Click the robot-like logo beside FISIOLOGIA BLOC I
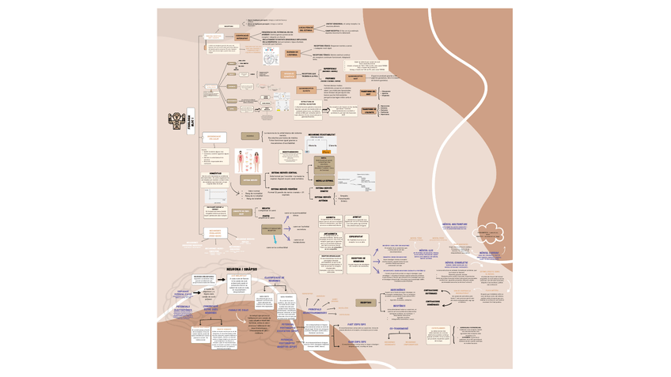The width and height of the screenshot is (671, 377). pyautogui.click(x=176, y=120)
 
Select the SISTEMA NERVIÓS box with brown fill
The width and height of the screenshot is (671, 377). pyautogui.click(x=250, y=180)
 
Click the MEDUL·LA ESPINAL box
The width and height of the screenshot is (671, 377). pyautogui.click(x=324, y=181)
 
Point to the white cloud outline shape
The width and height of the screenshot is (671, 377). pyautogui.click(x=488, y=232)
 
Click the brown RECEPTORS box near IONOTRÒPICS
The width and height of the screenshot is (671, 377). pyautogui.click(x=365, y=302)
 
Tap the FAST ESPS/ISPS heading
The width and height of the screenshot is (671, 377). pyautogui.click(x=356, y=323)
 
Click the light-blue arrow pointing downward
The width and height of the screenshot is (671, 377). pyautogui.click(x=275, y=238)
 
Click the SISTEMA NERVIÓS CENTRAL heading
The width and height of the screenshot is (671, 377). pyautogui.click(x=285, y=172)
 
